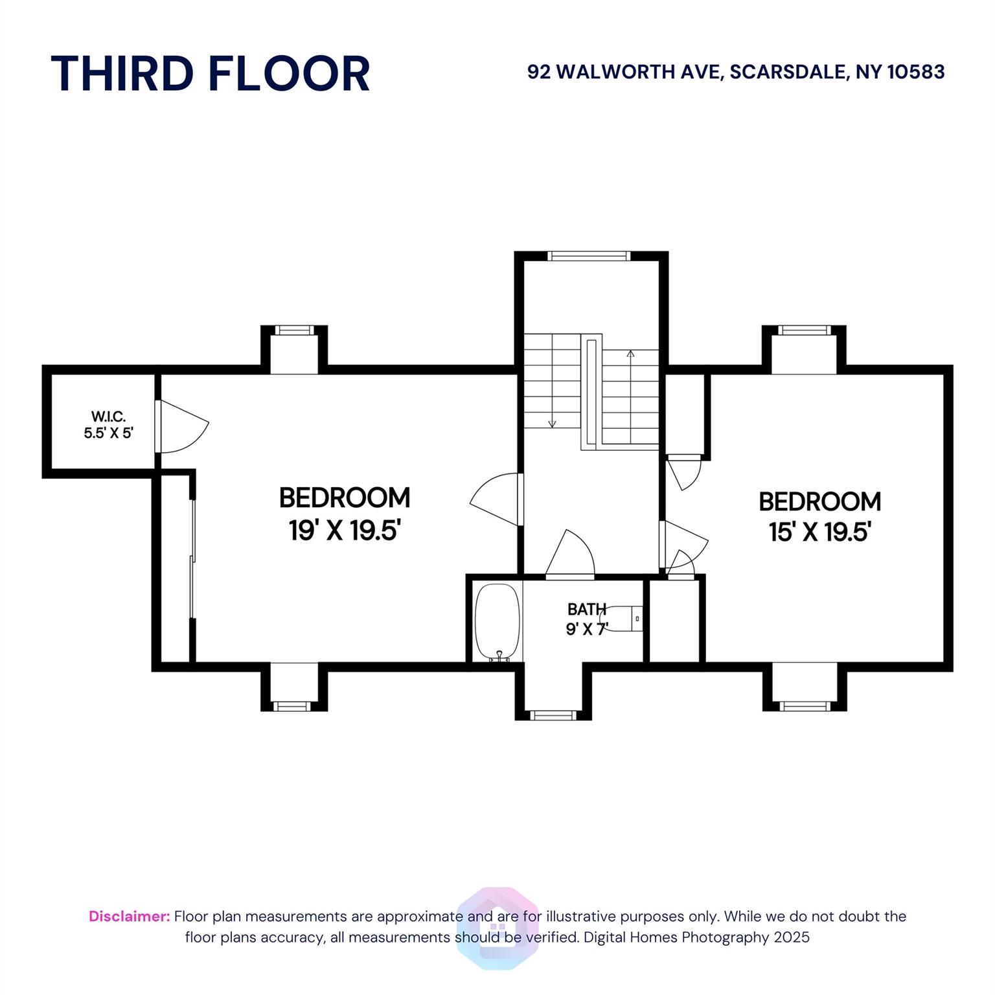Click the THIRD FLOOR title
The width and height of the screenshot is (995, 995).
click(x=211, y=73)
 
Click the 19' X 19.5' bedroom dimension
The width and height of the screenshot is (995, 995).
click(x=345, y=531)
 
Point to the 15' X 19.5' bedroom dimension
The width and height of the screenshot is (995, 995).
click(x=819, y=532)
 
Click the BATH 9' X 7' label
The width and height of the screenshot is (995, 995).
click(x=587, y=619)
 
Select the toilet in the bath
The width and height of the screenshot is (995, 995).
click(x=623, y=619)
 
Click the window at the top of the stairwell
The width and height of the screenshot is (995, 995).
click(x=589, y=256)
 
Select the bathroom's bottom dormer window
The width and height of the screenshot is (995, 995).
click(x=553, y=715)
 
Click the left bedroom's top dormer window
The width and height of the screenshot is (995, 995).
click(x=294, y=330)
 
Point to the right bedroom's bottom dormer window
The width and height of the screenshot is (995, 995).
click(x=805, y=706)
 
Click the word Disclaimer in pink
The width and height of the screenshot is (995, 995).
click(x=130, y=917)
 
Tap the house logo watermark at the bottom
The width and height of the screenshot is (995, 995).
click(x=497, y=928)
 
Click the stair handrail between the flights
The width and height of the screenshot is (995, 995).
click(x=591, y=391)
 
